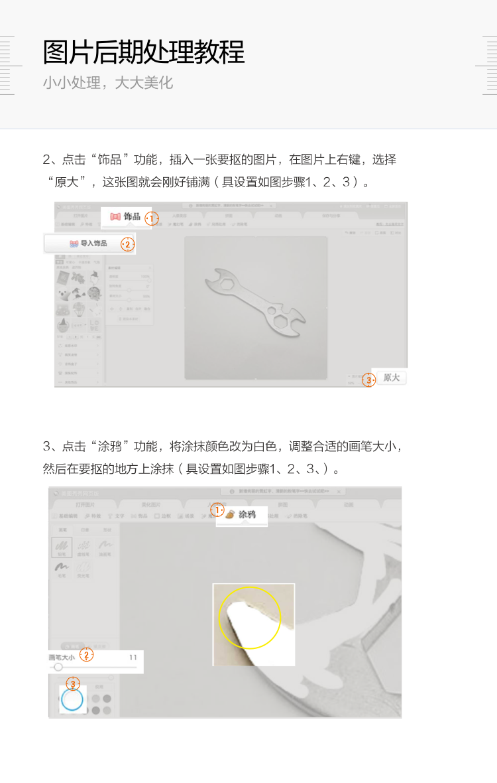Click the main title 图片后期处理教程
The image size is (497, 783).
pyautogui.click(x=144, y=52)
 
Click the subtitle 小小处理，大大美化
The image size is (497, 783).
pyautogui.click(x=107, y=83)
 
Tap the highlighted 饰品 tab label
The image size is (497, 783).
pyautogui.click(x=132, y=216)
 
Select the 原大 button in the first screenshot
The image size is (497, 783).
pyautogui.click(x=392, y=378)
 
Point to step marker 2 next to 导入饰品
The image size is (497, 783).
pyautogui.click(x=127, y=245)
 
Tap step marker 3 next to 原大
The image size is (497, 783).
pyautogui.click(x=369, y=380)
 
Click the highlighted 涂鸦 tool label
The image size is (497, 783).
pyautogui.click(x=247, y=514)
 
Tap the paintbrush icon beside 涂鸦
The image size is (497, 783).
pyautogui.click(x=230, y=514)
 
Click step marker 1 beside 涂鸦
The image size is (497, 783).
pyautogui.click(x=217, y=510)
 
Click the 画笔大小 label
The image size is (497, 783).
pyautogui.click(x=62, y=658)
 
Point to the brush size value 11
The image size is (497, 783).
pyautogui.click(x=133, y=658)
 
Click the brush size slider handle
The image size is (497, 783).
pyautogui.click(x=58, y=667)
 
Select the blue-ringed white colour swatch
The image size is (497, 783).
pyautogui.click(x=72, y=699)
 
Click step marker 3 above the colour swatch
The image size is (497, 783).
pyautogui.click(x=73, y=683)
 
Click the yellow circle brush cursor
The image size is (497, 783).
pyautogui.click(x=250, y=618)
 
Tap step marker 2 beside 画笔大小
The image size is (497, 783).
pyautogui.click(x=86, y=656)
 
